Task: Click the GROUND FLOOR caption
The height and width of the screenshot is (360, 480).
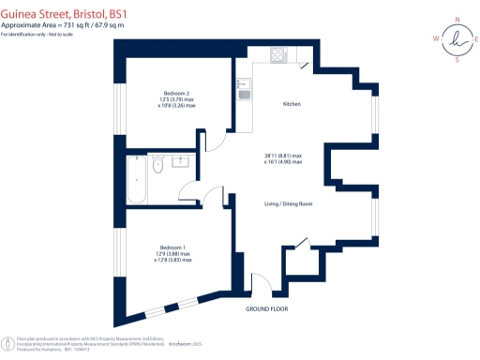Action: coord(267,308)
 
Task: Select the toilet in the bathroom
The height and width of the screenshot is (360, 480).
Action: coord(158,165)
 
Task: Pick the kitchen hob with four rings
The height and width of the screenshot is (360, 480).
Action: coord(278,54)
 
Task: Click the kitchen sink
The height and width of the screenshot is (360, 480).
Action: coord(243,92)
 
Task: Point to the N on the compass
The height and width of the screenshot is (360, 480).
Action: coord(457,19)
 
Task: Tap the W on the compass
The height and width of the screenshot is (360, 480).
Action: coord(435,38)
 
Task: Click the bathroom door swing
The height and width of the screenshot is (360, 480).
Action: coord(190,195)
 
